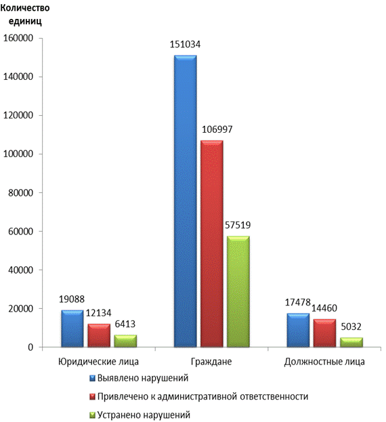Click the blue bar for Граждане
(x=186, y=201)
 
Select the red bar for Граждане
(x=212, y=244)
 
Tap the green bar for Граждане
(x=238, y=291)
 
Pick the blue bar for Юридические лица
(x=72, y=329)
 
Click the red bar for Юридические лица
(x=99, y=335)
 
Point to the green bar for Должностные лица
(x=351, y=342)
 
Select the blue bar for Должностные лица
(x=299, y=330)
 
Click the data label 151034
(x=185, y=44)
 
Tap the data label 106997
(x=217, y=129)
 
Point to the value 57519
(x=238, y=225)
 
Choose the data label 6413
(x=125, y=324)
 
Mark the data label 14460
(x=324, y=308)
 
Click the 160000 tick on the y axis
(x=18, y=38)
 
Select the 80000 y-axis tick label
(x=21, y=192)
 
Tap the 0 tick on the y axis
(x=30, y=347)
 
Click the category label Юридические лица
(x=98, y=362)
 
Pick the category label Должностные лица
(x=324, y=362)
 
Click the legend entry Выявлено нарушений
(x=139, y=378)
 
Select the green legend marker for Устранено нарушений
(x=92, y=415)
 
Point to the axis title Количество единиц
(x=25, y=14)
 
